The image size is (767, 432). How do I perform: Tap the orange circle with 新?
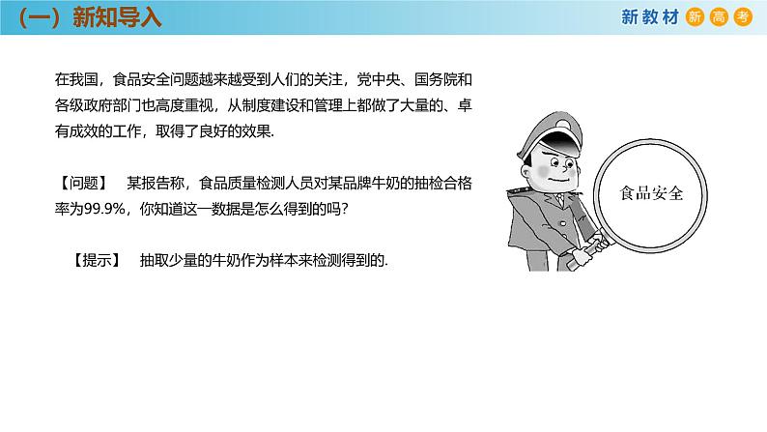[695, 16]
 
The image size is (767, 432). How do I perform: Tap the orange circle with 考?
[741, 16]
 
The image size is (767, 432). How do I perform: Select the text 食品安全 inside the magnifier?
[652, 192]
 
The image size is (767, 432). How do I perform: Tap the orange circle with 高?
[718, 16]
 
